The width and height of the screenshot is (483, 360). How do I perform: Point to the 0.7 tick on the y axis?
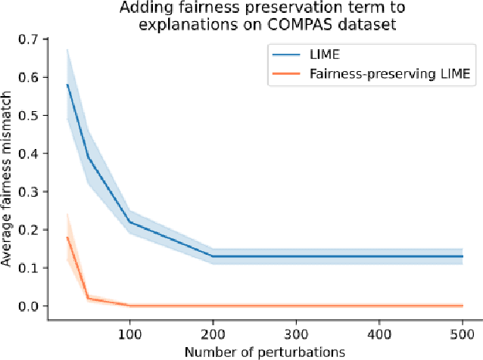click(x=31, y=39)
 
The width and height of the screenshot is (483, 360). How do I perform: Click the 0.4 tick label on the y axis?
click(x=31, y=154)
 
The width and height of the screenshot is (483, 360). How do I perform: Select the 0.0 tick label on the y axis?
click(x=31, y=306)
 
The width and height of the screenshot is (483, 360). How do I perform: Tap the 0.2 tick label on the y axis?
click(x=31, y=230)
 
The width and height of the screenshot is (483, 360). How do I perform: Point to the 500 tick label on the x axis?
click(x=462, y=334)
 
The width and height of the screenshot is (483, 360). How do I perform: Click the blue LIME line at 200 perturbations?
click(x=212, y=256)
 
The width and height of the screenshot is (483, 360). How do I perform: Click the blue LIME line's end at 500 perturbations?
click(x=462, y=256)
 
